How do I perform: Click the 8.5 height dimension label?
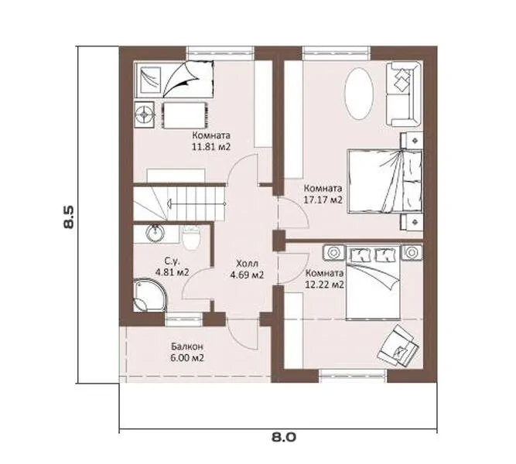(70, 217)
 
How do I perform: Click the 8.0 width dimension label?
(284, 438)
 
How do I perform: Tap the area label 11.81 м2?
(211, 146)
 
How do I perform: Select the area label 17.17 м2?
(323, 200)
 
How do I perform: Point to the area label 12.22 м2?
(324, 284)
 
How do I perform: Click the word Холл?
(248, 264)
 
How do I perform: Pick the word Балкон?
(187, 346)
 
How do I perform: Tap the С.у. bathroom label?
(172, 262)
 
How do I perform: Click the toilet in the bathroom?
(191, 238)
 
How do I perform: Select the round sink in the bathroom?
(155, 234)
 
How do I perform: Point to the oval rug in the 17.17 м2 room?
(359, 94)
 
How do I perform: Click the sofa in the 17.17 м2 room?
(404, 94)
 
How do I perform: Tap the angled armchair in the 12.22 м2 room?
(398, 346)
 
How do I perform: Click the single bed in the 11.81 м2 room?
(174, 80)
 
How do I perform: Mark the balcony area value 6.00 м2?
(187, 358)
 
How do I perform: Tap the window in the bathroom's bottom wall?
(183, 319)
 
